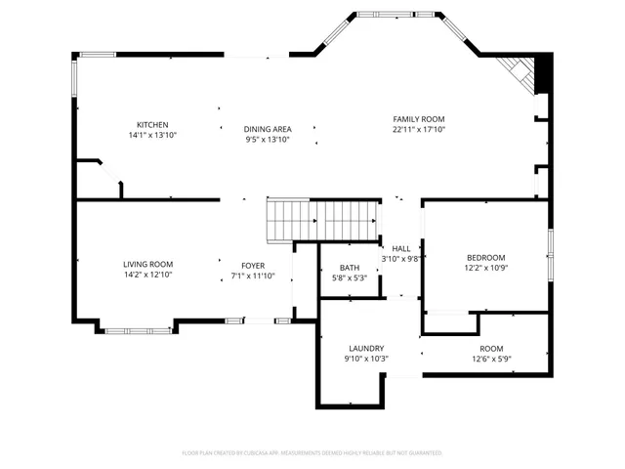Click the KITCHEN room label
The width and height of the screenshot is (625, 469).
coord(152,124)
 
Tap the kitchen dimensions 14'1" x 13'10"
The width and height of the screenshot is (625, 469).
coord(152,135)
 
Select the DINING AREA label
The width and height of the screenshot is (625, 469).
coord(267,129)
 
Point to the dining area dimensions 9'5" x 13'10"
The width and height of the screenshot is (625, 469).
coord(267,140)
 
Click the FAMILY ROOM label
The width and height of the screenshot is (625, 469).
coord(419,118)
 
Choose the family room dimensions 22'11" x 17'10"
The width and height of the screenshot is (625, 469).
coord(419,129)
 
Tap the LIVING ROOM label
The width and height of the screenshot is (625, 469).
coord(147,264)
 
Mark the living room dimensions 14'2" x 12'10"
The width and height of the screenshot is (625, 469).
coord(147,275)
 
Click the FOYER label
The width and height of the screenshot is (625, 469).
coord(253,266)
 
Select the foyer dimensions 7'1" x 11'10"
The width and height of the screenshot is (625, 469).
coord(253,277)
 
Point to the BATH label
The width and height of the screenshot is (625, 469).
coord(349,268)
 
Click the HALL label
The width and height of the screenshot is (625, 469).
coord(400,248)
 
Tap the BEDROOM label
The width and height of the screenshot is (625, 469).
coord(485,257)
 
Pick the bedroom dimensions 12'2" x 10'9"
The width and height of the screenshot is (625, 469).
coord(485,268)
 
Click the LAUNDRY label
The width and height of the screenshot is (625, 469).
coord(366,348)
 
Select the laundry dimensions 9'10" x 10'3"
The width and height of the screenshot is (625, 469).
coord(366,359)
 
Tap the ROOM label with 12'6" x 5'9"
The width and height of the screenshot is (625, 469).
coord(490,349)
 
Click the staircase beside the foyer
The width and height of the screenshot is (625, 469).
coord(321,220)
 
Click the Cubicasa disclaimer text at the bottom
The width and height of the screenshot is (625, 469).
coord(312,452)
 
